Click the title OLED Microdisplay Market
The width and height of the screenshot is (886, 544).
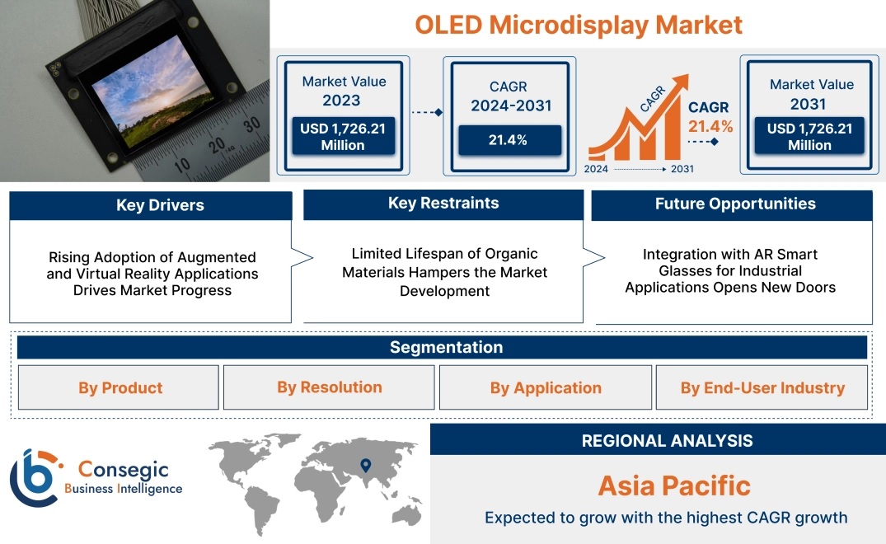(x=578, y=25)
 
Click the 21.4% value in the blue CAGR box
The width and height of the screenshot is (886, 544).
(x=509, y=140)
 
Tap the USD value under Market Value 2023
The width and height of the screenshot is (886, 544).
(x=342, y=137)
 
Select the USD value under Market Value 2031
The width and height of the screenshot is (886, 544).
(x=810, y=137)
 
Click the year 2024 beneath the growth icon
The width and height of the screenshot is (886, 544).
(x=597, y=169)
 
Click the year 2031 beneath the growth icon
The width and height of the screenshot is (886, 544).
(x=681, y=169)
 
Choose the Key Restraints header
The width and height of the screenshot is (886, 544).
(x=443, y=204)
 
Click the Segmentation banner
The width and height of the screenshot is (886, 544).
(x=446, y=347)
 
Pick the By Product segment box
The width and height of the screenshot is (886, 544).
(x=120, y=387)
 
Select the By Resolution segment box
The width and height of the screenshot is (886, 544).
(x=330, y=387)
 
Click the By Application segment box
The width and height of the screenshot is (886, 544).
(x=546, y=387)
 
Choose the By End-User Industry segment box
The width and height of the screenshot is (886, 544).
(x=762, y=387)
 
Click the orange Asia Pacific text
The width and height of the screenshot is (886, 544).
(x=674, y=485)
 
